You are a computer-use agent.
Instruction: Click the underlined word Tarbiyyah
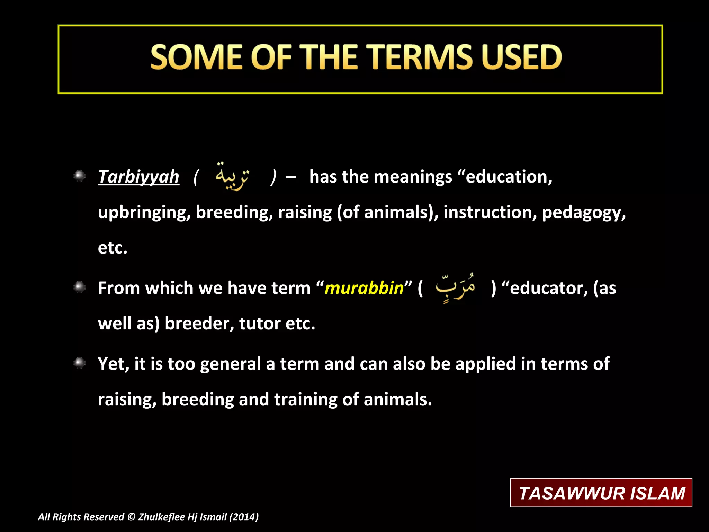(x=138, y=177)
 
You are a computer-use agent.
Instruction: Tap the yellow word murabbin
(x=364, y=288)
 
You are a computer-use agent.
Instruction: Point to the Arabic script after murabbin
(x=455, y=287)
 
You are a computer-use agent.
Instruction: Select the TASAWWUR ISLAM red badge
(x=601, y=493)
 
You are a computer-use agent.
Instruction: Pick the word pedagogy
(x=583, y=212)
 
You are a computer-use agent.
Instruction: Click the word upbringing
(x=144, y=212)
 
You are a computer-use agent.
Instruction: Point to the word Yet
(x=113, y=364)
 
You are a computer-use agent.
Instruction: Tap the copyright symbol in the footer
(x=131, y=517)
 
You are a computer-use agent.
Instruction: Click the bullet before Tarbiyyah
(x=80, y=176)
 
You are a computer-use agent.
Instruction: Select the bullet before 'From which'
(x=80, y=287)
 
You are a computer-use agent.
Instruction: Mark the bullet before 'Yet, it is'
(x=80, y=363)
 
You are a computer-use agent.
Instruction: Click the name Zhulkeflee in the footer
(x=161, y=517)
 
